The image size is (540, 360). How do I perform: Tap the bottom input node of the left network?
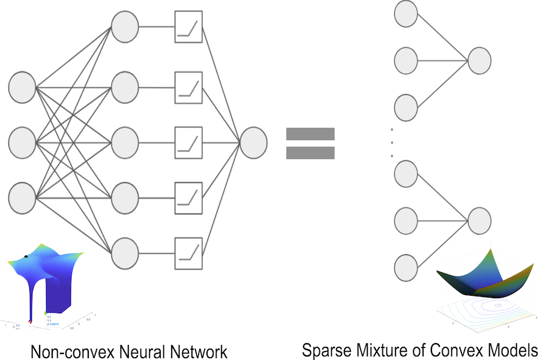coord(22,197)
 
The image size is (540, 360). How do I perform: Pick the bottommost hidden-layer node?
coord(125,251)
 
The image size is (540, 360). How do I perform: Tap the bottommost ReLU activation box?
coord(189,251)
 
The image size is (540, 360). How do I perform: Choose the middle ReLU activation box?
coord(189,142)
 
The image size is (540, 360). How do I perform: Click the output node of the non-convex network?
coord(253,142)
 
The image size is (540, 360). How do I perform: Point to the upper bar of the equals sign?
coord(310,133)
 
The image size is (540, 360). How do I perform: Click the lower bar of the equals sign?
coord(310,153)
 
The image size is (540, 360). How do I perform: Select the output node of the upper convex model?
coord(479,61)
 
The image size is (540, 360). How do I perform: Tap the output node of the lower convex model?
coord(479,220)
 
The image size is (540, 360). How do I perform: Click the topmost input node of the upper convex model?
coord(406,13)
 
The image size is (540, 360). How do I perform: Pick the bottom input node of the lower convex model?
coord(406,266)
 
